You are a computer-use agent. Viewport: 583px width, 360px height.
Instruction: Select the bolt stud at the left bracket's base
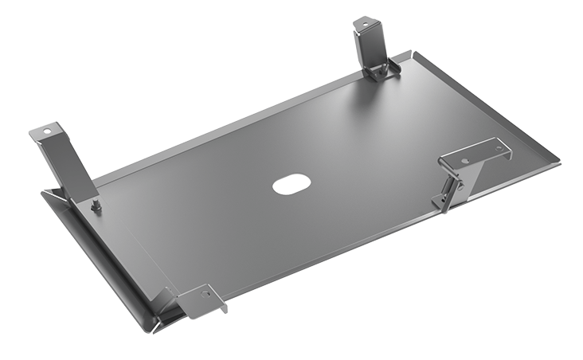[x=96, y=207]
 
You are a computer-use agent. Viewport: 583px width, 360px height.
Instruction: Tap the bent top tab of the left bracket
[x=49, y=132]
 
